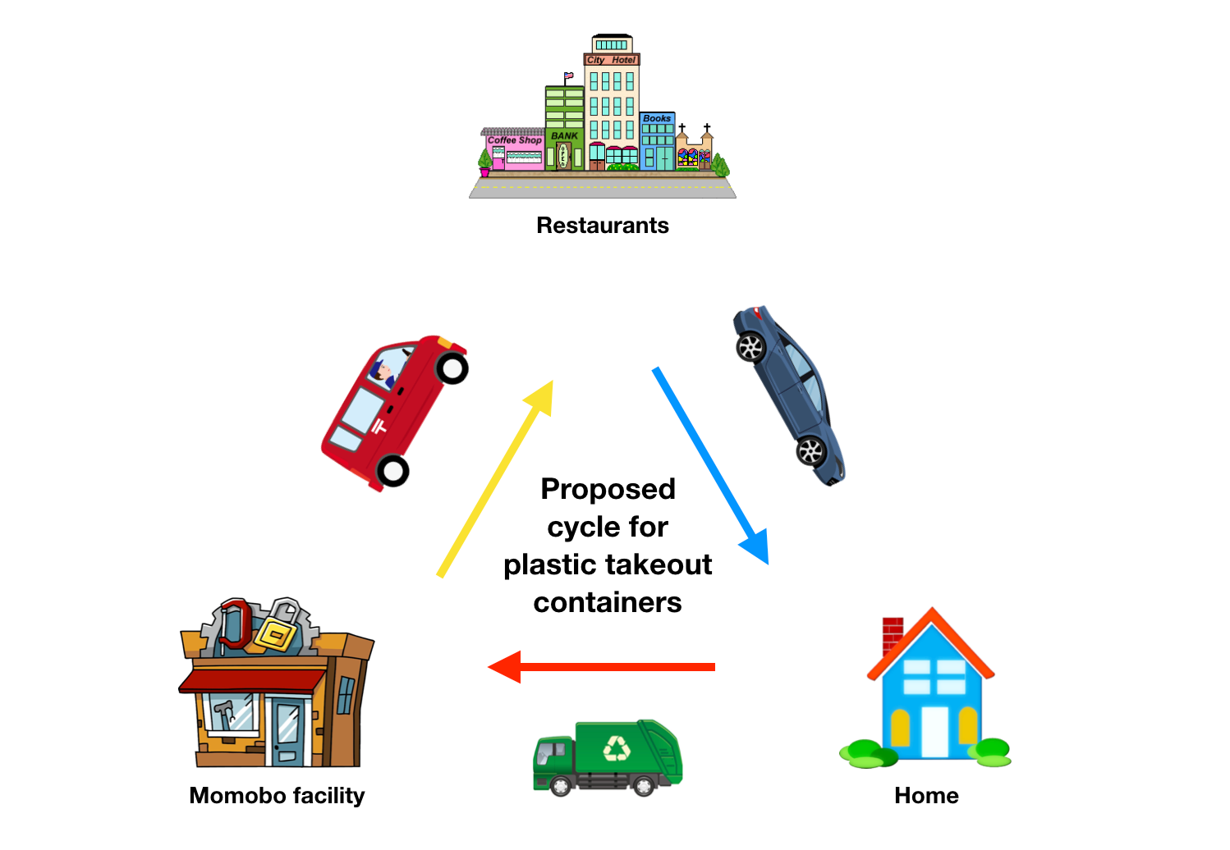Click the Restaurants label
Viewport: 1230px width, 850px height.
[x=603, y=226]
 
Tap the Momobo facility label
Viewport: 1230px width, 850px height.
[x=277, y=796]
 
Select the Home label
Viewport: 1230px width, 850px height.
[x=926, y=796]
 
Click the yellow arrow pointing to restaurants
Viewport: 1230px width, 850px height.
[x=495, y=478]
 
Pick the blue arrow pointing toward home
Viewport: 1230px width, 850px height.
[x=710, y=465]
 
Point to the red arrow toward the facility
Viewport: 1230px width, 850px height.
[x=601, y=667]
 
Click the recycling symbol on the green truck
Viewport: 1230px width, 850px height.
[x=617, y=748]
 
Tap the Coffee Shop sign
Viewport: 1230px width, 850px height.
[x=515, y=140]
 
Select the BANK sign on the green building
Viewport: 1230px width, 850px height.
[x=564, y=135]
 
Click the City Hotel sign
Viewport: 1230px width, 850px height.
[x=611, y=60]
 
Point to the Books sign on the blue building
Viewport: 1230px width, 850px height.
[x=657, y=118]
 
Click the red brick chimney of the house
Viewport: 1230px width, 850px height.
[x=893, y=635]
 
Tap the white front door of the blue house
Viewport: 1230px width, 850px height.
[x=934, y=732]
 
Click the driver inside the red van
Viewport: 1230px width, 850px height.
[x=383, y=373]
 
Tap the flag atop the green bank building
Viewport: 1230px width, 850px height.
[x=569, y=75]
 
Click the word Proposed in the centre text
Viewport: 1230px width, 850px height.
[x=608, y=489]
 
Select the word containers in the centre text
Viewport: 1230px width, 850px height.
[x=608, y=602]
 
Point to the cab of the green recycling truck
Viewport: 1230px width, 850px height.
[x=553, y=756]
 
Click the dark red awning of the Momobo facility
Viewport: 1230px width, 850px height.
[x=253, y=681]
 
